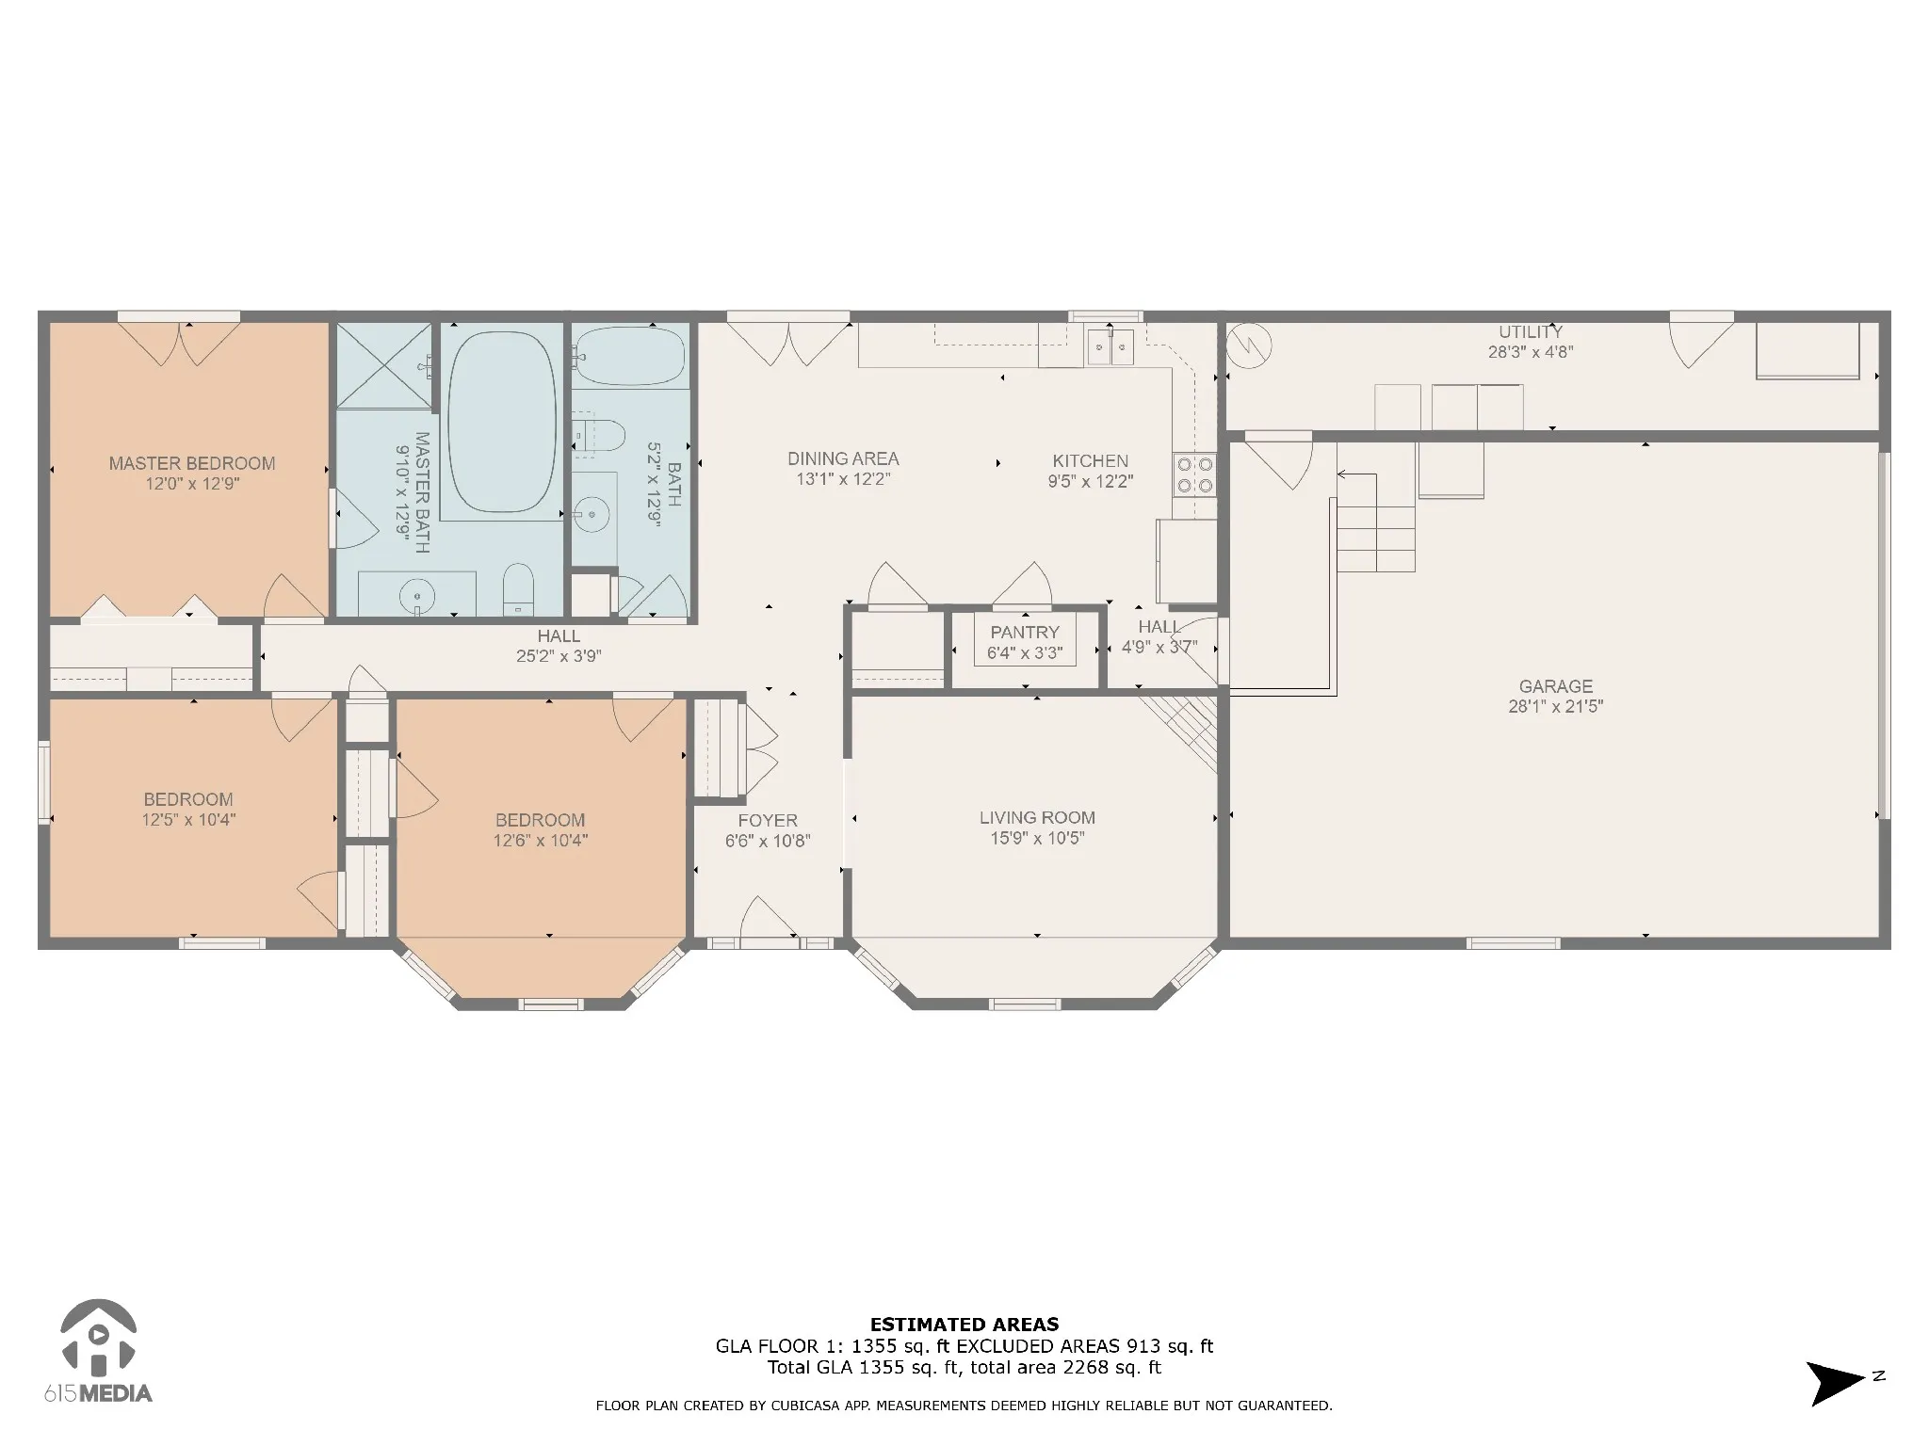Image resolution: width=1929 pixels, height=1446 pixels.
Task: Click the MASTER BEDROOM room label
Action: [x=192, y=463]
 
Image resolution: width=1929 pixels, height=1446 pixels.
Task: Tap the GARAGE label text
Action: [x=1555, y=686]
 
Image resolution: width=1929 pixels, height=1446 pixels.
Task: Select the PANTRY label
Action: [x=1025, y=632]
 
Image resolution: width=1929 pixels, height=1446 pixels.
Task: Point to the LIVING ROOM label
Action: [x=1037, y=817]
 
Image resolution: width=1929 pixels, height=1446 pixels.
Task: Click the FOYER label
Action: [x=768, y=820]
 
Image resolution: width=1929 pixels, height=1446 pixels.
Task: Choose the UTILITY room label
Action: [x=1531, y=331]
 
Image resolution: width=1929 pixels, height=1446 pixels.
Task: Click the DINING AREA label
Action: [x=843, y=458]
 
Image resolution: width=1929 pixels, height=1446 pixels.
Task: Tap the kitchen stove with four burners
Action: [x=1194, y=475]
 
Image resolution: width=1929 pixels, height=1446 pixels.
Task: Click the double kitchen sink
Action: [x=1110, y=346]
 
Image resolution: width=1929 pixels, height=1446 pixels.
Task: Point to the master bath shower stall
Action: [x=384, y=366]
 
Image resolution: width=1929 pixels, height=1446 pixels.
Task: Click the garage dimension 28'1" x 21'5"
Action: [x=1555, y=706]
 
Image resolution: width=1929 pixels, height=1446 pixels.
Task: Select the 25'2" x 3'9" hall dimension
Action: [x=559, y=656]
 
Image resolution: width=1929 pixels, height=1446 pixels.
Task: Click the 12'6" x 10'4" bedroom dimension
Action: [x=541, y=840]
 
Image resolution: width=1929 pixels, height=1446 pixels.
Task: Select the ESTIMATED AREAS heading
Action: [x=964, y=1325]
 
